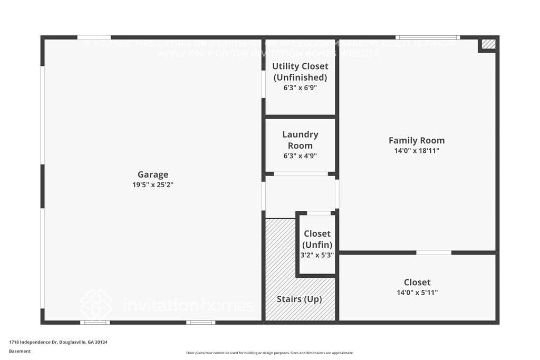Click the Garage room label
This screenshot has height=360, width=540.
pyautogui.click(x=153, y=174)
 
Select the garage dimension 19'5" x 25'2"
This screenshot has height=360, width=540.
pyautogui.click(x=153, y=185)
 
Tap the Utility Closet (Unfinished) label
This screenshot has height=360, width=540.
pyautogui.click(x=300, y=72)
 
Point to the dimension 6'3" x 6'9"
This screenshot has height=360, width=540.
pyautogui.click(x=300, y=88)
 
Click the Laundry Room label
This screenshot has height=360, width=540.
pyautogui.click(x=300, y=140)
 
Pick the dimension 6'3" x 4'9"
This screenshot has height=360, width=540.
pyautogui.click(x=300, y=156)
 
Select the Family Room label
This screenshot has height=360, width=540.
pyautogui.click(x=417, y=140)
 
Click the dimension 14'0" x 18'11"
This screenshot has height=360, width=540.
pyautogui.click(x=417, y=151)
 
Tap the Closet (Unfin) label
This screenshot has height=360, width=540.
pyautogui.click(x=317, y=239)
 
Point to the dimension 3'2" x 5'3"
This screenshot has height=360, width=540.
pyautogui.click(x=317, y=255)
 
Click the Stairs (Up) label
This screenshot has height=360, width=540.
pyautogui.click(x=299, y=299)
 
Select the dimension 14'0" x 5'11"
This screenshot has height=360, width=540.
pyautogui.click(x=417, y=293)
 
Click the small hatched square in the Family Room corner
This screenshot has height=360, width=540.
pyautogui.click(x=488, y=44)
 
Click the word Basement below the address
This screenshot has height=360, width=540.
pyautogui.click(x=20, y=351)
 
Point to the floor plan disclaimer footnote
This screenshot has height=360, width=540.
pyautogui.click(x=269, y=353)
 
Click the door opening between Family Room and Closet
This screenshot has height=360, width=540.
pyautogui.click(x=433, y=252)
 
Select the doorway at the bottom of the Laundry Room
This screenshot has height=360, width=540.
pyautogui.click(x=301, y=174)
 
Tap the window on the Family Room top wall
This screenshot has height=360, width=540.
pyautogui.click(x=428, y=37)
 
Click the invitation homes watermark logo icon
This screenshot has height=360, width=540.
pyautogui.click(x=96, y=304)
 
